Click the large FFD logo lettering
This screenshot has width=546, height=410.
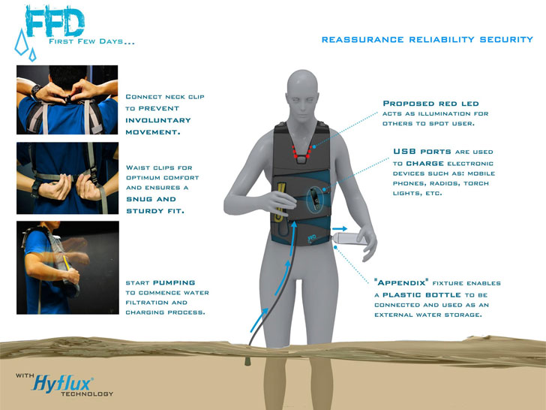click(x=55, y=22)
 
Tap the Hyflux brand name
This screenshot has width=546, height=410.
click(x=62, y=384)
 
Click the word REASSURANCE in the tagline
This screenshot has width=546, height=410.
click(x=362, y=39)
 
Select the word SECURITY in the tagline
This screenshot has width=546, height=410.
click(x=506, y=39)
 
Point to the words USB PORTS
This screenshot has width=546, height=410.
click(x=422, y=152)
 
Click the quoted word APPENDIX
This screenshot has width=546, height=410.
click(x=401, y=283)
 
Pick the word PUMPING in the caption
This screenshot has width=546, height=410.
click(x=174, y=283)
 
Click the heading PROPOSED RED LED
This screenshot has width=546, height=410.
click(x=430, y=104)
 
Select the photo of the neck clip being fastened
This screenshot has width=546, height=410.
click(x=67, y=100)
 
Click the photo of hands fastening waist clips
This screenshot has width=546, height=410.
click(x=67, y=178)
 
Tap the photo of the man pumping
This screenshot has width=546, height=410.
click(x=67, y=267)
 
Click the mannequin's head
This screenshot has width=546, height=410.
click(x=302, y=95)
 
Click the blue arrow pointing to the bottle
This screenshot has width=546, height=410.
click(x=339, y=229)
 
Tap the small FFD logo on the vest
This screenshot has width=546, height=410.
click(x=312, y=239)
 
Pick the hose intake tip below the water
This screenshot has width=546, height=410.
click(x=247, y=360)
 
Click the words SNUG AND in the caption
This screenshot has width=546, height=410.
click(x=151, y=199)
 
